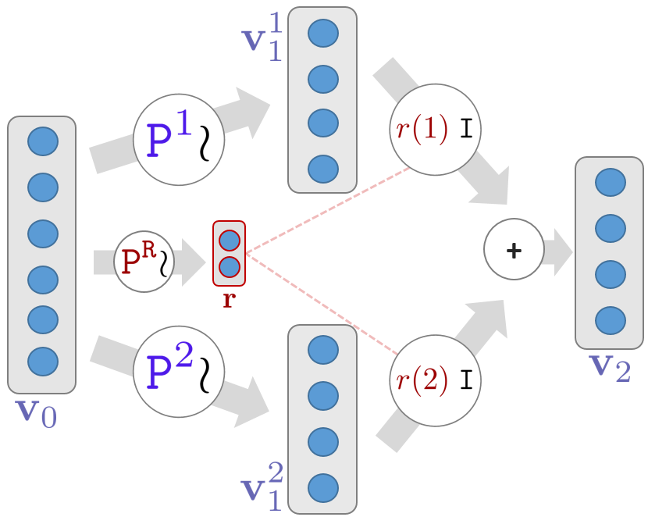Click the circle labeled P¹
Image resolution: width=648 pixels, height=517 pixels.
click(179, 140)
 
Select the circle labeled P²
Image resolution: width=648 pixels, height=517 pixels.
click(179, 369)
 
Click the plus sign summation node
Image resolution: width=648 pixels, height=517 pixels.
click(513, 250)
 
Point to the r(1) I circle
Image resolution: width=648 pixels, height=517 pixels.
click(435, 129)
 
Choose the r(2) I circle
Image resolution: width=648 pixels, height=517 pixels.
click(435, 381)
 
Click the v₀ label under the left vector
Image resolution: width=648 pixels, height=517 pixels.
click(37, 412)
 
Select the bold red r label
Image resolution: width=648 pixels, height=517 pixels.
click(229, 299)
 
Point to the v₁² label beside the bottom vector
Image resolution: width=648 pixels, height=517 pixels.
click(262, 484)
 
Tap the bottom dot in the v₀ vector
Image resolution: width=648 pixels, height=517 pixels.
click(42, 361)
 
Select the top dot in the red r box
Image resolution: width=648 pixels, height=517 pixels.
click(229, 239)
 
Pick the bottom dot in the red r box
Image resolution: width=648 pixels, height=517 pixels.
click(229, 267)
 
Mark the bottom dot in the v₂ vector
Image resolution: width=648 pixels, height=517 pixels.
click(610, 319)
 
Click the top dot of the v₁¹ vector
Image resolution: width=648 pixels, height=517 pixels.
click(322, 34)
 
